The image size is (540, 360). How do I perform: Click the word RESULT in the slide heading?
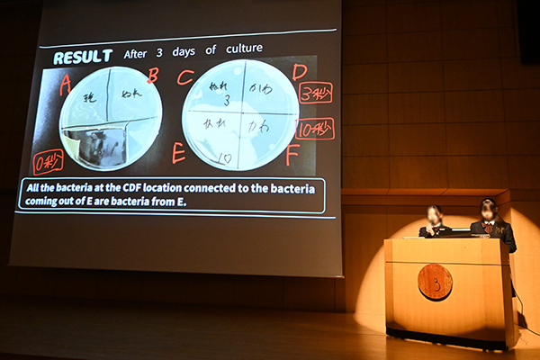[82, 57]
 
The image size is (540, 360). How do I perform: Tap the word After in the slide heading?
[135, 54]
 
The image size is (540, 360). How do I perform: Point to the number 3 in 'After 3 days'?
[166, 52]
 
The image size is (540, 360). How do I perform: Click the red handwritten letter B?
[152, 76]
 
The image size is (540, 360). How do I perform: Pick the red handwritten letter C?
[185, 77]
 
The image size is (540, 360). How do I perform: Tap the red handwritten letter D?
[299, 72]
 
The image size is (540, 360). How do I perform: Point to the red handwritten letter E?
[178, 153]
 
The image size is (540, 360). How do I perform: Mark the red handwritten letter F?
[292, 155]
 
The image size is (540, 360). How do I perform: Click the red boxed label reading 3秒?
[315, 93]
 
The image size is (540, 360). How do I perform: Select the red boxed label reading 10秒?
[315, 129]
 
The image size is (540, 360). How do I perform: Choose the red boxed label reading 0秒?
[48, 162]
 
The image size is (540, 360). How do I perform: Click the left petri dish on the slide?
[110, 117]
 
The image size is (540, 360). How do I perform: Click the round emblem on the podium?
[435, 282]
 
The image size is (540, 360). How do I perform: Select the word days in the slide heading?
[193, 51]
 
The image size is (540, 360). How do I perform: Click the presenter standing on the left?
[435, 221]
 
